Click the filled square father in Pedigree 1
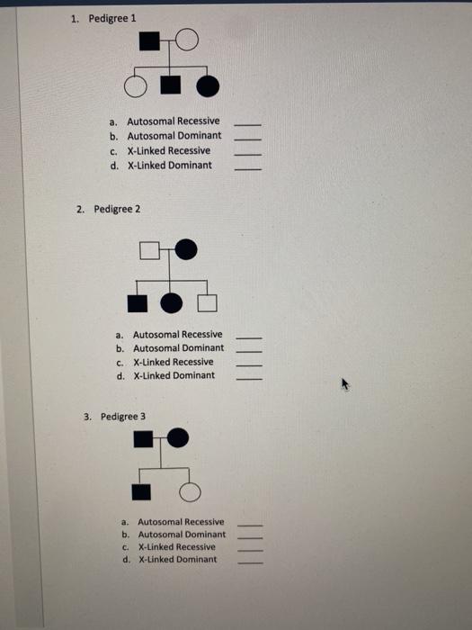click(x=150, y=42)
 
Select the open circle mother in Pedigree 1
click(x=186, y=40)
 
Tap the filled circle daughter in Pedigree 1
click(x=207, y=86)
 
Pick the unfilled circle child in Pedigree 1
click(x=135, y=87)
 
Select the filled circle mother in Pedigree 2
click(x=186, y=250)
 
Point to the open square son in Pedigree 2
click(x=209, y=301)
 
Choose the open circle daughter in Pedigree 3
click(x=189, y=490)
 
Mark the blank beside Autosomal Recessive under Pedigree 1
click(x=248, y=123)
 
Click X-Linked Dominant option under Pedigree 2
click(x=174, y=375)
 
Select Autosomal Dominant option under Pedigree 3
click(x=181, y=534)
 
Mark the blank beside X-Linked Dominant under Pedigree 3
click(x=251, y=562)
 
